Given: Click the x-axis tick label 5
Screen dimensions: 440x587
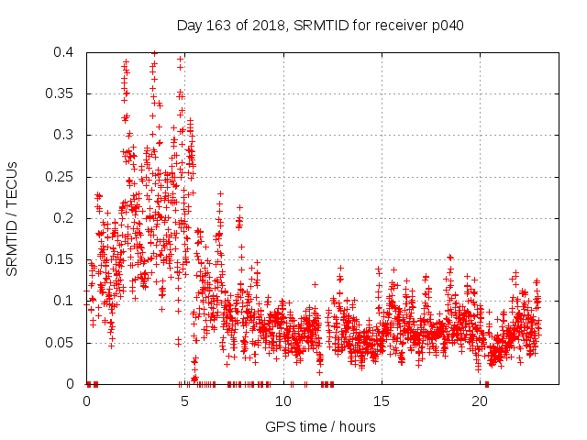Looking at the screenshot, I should (185, 401).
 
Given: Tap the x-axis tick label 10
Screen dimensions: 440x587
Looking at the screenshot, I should (283, 401).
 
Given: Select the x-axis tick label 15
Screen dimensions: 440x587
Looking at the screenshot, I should (382, 401).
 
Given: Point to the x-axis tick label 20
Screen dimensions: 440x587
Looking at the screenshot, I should (480, 401).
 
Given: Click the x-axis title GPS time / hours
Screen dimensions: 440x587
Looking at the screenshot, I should (320, 426).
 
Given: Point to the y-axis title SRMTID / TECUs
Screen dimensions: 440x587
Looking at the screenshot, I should (13, 218).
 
